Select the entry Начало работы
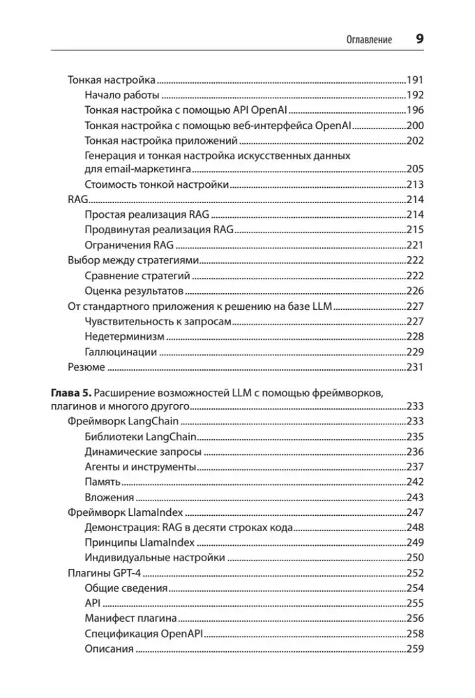[122, 95]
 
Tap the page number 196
[415, 110]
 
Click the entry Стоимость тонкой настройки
[156, 185]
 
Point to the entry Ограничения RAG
[129, 245]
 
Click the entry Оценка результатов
[134, 290]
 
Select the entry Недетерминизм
[125, 336]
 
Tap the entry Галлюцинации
[121, 352]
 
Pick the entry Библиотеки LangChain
[140, 436]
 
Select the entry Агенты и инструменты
[140, 467]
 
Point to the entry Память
[103, 482]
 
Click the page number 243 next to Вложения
[415, 498]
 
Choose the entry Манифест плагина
[130, 618]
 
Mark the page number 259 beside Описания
[415, 649]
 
